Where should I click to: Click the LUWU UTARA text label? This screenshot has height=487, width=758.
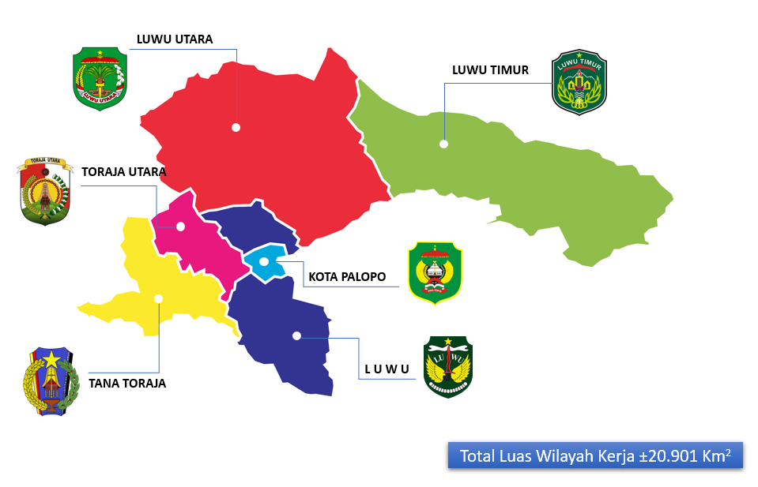coord(174,39)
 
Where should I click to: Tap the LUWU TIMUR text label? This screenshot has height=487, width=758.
coord(490,70)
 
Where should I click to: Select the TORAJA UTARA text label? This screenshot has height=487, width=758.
coord(124,171)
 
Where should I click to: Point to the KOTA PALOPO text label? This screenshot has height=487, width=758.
coord(347,277)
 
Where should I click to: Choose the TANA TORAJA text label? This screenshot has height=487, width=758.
coord(127,384)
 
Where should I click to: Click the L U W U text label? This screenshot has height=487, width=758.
coord(387,369)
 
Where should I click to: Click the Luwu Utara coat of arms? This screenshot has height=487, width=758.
coord(100,78)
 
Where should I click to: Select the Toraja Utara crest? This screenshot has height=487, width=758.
coord(45,191)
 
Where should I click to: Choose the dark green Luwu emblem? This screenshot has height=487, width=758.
coord(448,366)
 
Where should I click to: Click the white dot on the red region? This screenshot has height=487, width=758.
coord(236,127)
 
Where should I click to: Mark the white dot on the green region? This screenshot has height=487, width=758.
coord(444,144)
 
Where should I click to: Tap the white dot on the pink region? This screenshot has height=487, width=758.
coord(180,227)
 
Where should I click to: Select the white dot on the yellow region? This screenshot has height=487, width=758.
coord(159,298)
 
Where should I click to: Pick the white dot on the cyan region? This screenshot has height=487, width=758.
coord(263,261)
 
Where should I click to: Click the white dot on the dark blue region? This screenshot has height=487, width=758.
coord(296,335)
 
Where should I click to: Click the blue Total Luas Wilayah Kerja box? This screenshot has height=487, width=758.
coord(595,455)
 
